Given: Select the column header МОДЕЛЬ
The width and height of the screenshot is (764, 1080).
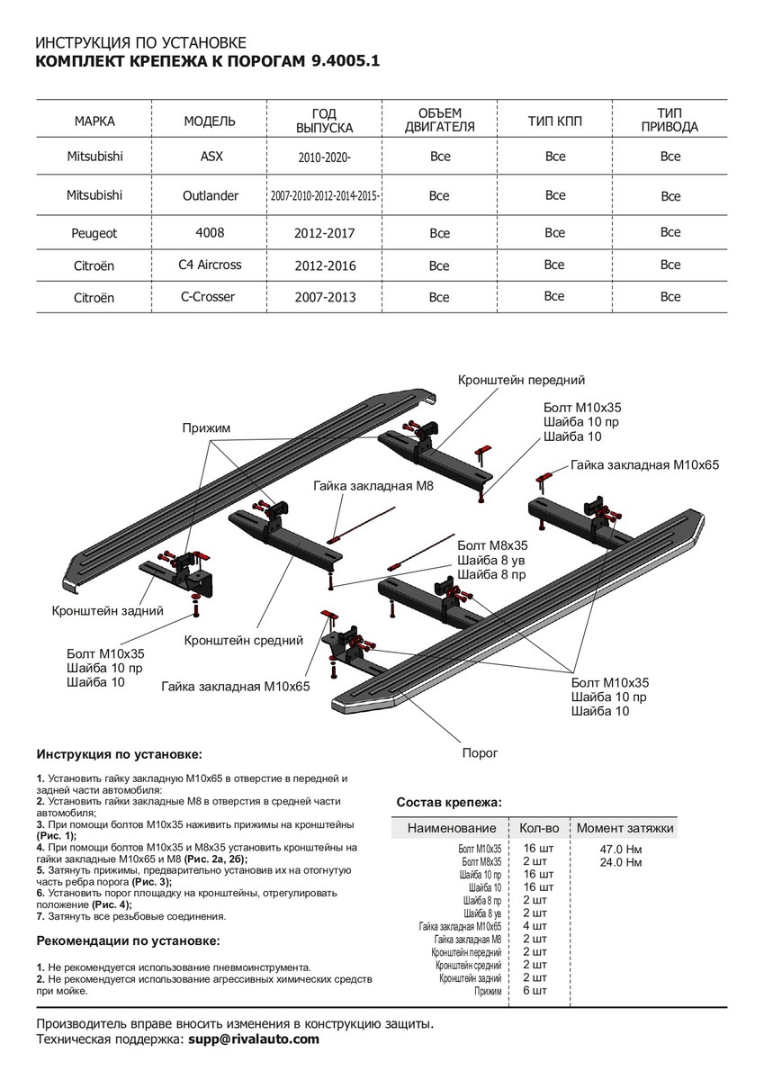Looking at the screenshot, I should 210,121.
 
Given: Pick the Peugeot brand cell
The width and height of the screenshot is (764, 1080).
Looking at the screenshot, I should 94,232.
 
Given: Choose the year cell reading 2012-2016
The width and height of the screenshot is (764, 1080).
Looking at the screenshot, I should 325,266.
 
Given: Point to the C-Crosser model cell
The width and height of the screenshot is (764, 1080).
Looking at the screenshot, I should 210,296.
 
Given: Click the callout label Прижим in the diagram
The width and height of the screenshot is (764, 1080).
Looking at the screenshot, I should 206,428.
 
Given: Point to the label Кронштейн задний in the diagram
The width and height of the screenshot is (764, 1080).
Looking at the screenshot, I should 107,610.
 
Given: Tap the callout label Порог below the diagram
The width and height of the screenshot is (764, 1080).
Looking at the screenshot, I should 479,752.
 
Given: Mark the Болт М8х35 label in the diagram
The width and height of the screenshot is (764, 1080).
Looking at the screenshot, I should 492,545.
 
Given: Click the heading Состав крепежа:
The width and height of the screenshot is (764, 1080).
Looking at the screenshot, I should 449,801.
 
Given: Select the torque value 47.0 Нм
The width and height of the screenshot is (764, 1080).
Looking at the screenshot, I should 620,849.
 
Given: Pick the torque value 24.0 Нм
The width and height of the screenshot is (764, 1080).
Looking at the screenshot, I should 620,862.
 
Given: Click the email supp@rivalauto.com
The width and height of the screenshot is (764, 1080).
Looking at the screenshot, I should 253,1039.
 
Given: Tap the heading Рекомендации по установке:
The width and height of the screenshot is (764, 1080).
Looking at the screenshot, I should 127,940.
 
